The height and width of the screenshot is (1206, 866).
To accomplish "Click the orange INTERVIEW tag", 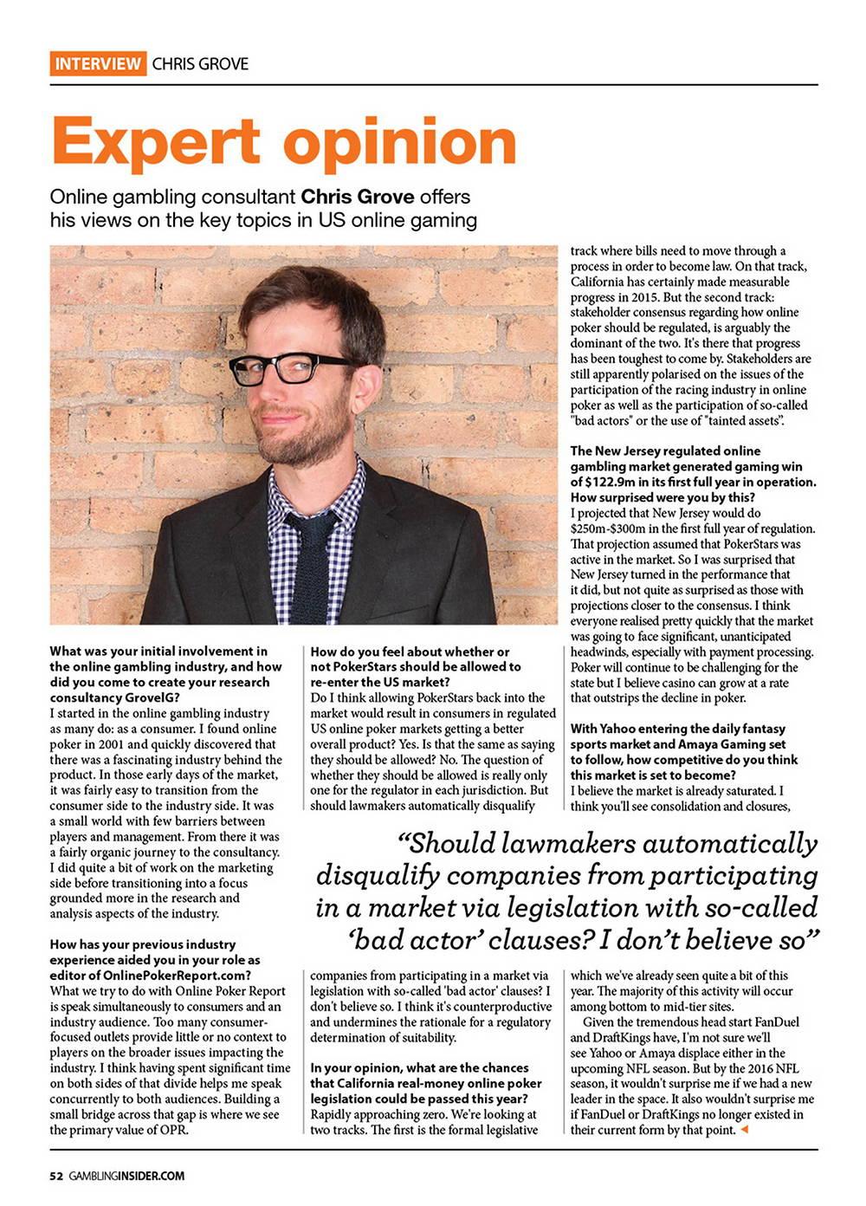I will point(98,63).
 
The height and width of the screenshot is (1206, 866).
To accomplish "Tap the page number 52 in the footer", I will point(55,1176).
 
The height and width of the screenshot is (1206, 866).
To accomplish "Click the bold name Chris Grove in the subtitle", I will point(357,197).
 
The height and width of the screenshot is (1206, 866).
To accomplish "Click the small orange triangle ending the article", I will point(745,1130).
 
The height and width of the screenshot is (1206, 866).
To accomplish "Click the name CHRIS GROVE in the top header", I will point(200,63).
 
